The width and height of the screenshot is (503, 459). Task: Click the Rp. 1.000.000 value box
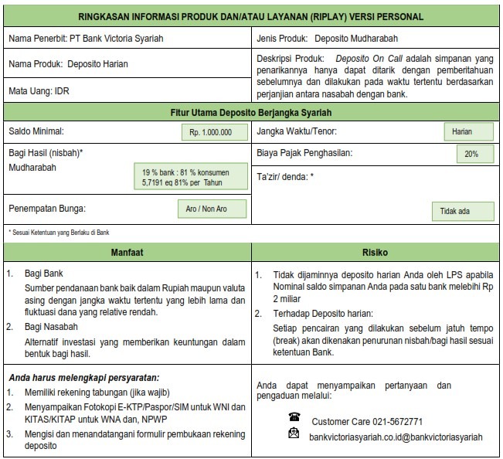tap(210, 132)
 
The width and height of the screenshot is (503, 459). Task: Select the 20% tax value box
tap(471, 154)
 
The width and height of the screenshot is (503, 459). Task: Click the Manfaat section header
tap(127, 253)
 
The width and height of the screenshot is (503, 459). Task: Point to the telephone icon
tap(293, 417)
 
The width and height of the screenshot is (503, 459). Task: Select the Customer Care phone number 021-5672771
tap(367, 422)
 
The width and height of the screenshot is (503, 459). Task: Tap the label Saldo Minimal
tap(36, 131)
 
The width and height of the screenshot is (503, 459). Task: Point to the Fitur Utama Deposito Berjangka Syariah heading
tap(251, 112)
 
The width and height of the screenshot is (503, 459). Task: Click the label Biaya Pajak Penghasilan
tap(304, 153)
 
